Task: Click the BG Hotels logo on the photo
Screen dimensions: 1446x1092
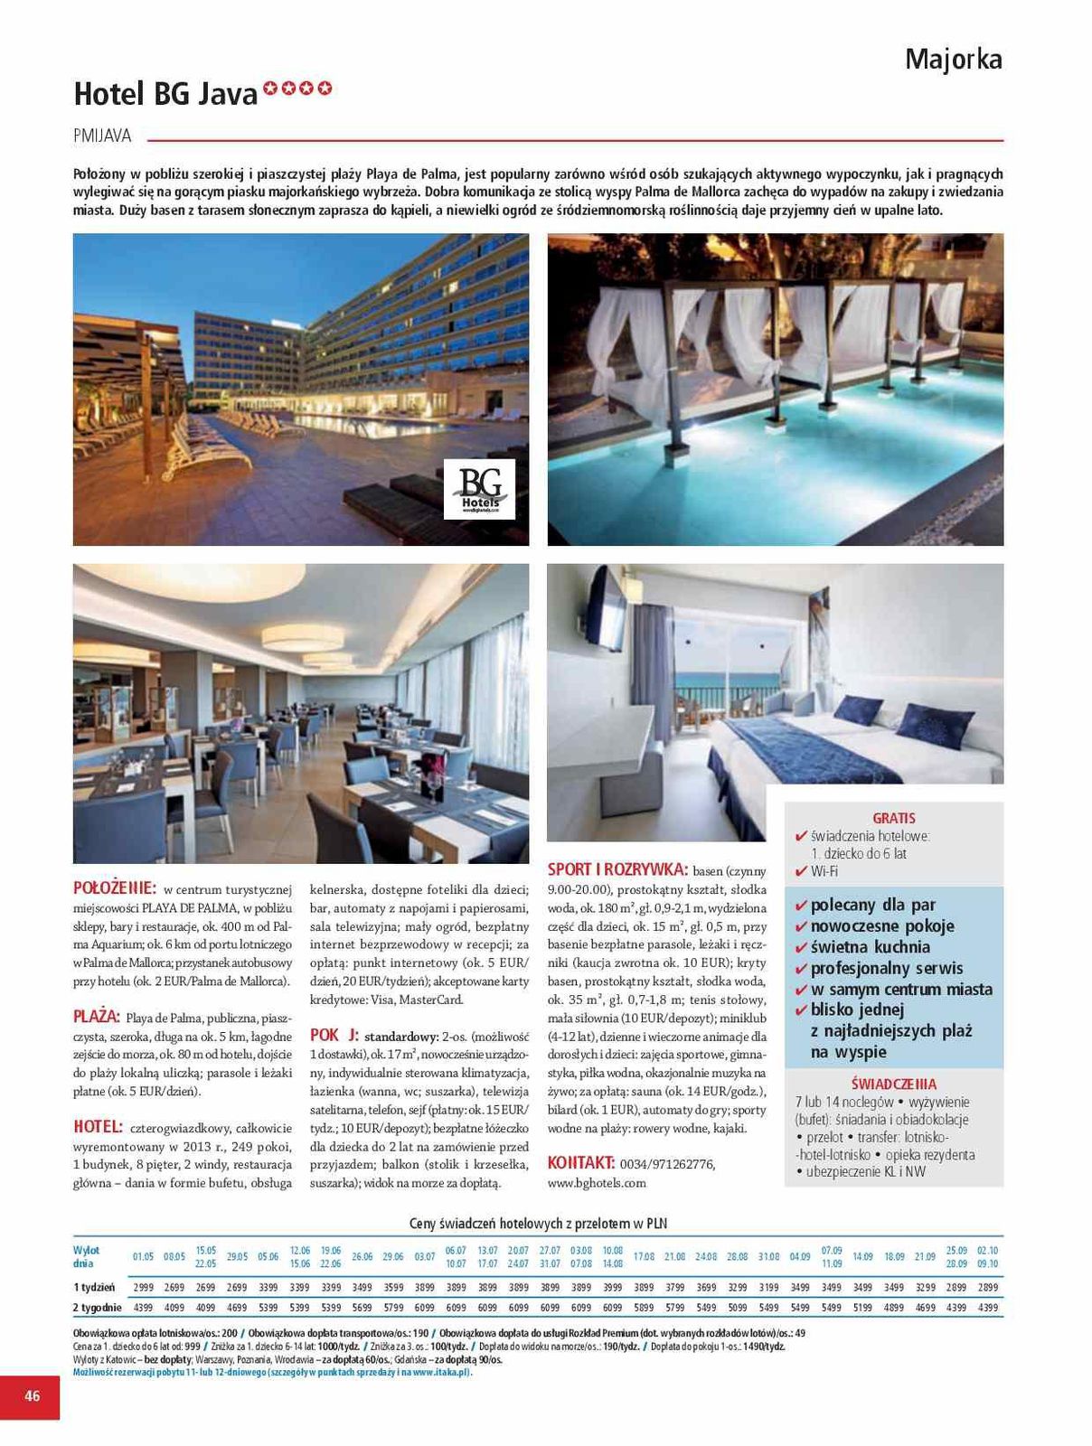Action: pyautogui.click(x=479, y=489)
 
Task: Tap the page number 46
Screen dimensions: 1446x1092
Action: pyautogui.click(x=32, y=1395)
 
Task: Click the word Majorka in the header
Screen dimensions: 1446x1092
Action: pyautogui.click(x=953, y=60)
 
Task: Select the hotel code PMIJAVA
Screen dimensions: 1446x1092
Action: pyautogui.click(x=102, y=136)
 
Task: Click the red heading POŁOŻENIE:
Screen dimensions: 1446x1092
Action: pyautogui.click(x=115, y=887)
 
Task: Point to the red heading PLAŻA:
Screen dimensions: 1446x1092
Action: pyautogui.click(x=97, y=1017)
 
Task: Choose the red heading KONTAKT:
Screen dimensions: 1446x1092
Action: pyautogui.click(x=581, y=1163)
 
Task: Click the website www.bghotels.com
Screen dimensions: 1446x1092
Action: pyautogui.click(x=597, y=1183)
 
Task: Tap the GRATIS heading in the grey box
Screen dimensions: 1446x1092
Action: pyautogui.click(x=894, y=818)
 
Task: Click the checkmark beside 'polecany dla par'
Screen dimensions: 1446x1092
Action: pyautogui.click(x=801, y=905)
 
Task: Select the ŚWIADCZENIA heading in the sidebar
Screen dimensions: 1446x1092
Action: pyautogui.click(x=894, y=1084)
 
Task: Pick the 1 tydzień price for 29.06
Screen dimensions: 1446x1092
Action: pyautogui.click(x=393, y=1287)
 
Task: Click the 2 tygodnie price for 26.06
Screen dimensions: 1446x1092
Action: pyautogui.click(x=362, y=1307)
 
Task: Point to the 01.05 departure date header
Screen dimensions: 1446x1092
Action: pyautogui.click(x=143, y=1256)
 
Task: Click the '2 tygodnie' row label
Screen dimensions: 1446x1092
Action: pyautogui.click(x=98, y=1307)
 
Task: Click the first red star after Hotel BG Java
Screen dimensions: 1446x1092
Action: pyautogui.click(x=269, y=89)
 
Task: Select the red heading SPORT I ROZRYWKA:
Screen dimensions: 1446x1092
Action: pyautogui.click(x=617, y=869)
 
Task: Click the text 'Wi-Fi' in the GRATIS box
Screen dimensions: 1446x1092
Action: pyautogui.click(x=824, y=871)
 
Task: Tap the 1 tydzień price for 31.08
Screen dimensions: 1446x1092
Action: pyautogui.click(x=768, y=1287)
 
